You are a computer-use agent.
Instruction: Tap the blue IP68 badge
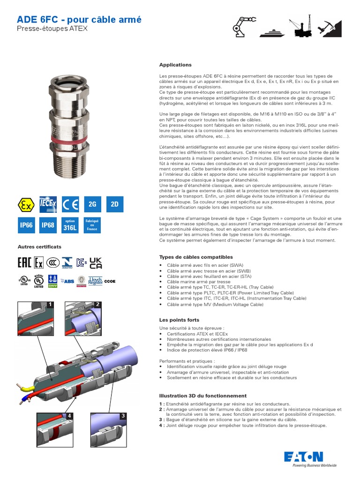click(x=48, y=225)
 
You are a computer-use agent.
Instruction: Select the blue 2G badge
click(x=92, y=205)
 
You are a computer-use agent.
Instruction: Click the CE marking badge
click(x=70, y=205)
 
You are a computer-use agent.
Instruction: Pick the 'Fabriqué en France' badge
click(x=92, y=225)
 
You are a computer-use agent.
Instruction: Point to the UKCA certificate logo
click(x=96, y=263)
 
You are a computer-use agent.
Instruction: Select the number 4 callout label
click(x=69, y=415)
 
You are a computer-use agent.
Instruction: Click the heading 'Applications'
click(x=175, y=65)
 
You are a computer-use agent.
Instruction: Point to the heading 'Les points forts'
click(x=179, y=320)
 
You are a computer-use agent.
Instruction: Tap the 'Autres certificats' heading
click(x=39, y=247)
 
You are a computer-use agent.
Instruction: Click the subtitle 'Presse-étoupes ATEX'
click(x=52, y=29)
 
